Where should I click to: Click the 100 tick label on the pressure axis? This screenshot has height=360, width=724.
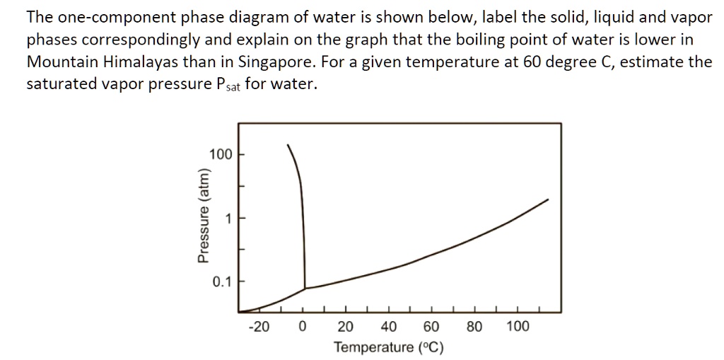click(221, 154)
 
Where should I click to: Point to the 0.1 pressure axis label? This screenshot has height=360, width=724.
click(221, 282)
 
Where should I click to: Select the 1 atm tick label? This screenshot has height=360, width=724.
click(228, 219)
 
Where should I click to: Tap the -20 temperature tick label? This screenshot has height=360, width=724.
click(259, 327)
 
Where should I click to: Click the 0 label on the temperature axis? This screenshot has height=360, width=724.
click(303, 327)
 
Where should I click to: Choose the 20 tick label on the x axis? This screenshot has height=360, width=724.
click(346, 327)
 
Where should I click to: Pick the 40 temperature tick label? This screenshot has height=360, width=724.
click(389, 327)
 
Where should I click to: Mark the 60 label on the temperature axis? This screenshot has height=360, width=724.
click(431, 327)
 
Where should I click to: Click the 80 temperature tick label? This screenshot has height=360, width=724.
click(474, 327)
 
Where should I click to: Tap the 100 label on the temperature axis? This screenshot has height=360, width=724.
click(518, 327)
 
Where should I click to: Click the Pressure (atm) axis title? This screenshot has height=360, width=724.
click(204, 216)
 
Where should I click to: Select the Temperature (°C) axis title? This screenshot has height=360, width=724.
click(389, 347)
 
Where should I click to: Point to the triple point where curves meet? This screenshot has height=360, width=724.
click(305, 288)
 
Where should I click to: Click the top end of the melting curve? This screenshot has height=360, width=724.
click(288, 145)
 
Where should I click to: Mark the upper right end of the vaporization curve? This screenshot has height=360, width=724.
click(548, 200)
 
